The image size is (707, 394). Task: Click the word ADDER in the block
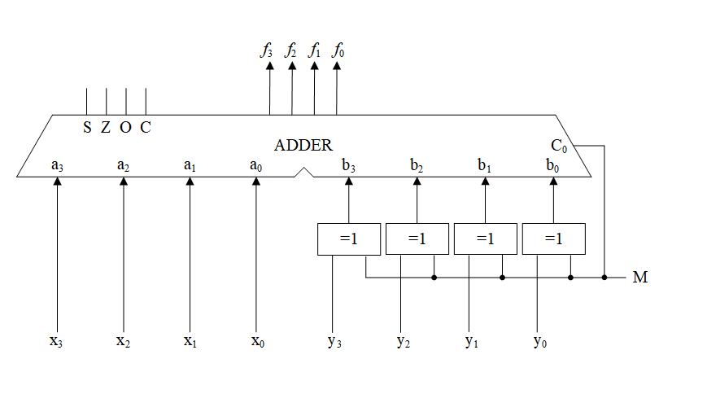[x=303, y=146]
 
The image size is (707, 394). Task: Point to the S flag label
[x=87, y=127]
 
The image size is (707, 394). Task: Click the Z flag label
[x=106, y=127]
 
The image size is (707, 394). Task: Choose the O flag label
[x=125, y=127]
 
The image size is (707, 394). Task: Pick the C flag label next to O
[x=145, y=127]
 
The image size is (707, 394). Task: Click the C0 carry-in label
[x=559, y=147]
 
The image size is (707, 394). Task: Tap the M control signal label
[x=640, y=278]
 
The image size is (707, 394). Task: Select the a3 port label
[x=57, y=166]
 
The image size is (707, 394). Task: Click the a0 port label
[x=256, y=166]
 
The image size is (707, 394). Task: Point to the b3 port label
[x=349, y=166]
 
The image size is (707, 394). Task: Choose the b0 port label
[x=553, y=166]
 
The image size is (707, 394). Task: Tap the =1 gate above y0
[x=553, y=239]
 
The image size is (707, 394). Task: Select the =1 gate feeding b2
[x=417, y=239]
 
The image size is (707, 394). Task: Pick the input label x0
[x=257, y=340]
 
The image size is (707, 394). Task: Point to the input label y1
[x=471, y=341]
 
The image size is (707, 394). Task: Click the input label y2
[x=403, y=341]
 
